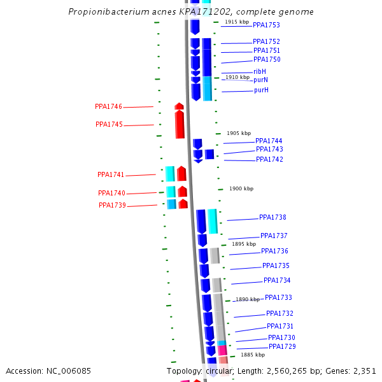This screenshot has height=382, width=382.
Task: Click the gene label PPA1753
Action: pyautogui.click(x=266, y=25)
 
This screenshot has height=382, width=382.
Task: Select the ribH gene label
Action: pyautogui.click(x=260, y=71)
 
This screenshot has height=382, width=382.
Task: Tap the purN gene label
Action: pyautogui.click(x=260, y=80)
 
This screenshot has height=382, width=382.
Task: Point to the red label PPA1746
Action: pyautogui.click(x=108, y=107)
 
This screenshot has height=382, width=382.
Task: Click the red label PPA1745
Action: pyautogui.click(x=109, y=125)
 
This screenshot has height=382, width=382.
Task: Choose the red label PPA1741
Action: pyautogui.click(x=111, y=174)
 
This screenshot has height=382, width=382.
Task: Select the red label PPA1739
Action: pyautogui.click(x=112, y=206)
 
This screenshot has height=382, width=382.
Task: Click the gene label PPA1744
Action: pyautogui.click(x=269, y=141)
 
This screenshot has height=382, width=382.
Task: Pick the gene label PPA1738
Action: pyautogui.click(x=272, y=218)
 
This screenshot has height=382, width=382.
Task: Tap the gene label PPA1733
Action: pyautogui.click(x=278, y=297)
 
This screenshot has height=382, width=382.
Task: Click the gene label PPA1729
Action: pyautogui.click(x=282, y=346)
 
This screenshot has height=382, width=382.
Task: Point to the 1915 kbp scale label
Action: pyautogui.click(x=237, y=22)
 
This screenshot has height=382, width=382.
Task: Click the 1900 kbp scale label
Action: pyautogui.click(x=241, y=188)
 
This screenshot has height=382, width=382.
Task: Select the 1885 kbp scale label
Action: pyautogui.click(x=252, y=355)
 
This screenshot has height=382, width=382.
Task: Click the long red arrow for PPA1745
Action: pyautogui.click(x=180, y=124)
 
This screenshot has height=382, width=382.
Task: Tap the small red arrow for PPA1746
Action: pyautogui.click(x=180, y=106)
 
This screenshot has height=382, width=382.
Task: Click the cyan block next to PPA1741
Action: pyautogui.click(x=170, y=174)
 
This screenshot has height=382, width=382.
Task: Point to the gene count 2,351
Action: pyautogui.click(x=365, y=371)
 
